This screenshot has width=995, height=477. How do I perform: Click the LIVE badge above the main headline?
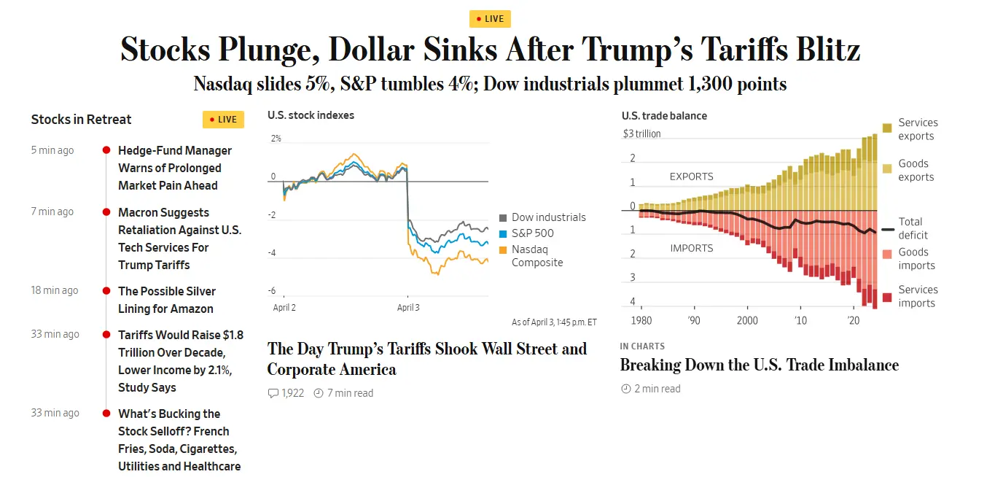click(490, 19)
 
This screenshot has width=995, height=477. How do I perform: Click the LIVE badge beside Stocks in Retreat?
click(223, 120)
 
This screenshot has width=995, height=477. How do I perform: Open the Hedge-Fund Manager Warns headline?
click(175, 168)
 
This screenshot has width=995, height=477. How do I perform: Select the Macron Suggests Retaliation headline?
click(179, 238)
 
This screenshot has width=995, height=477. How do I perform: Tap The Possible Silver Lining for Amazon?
click(168, 300)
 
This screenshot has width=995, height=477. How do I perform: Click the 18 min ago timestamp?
click(55, 290)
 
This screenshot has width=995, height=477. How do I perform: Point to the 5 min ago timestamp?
click(52, 150)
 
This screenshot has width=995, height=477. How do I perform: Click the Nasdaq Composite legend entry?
click(537, 256)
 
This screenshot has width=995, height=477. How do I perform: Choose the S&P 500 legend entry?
click(532, 233)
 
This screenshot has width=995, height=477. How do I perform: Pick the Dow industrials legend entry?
click(548, 217)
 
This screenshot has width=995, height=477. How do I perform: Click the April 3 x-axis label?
click(408, 308)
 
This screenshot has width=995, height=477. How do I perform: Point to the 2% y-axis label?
click(276, 139)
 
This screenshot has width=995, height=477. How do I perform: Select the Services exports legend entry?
click(917, 129)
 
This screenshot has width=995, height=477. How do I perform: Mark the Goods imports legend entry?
click(916, 259)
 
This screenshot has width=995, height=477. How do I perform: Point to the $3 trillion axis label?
click(641, 133)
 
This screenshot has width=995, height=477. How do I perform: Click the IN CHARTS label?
click(642, 346)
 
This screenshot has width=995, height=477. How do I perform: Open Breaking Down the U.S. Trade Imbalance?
click(759, 365)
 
